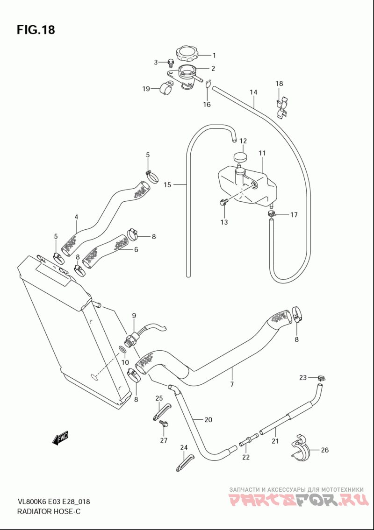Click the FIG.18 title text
click(x=36, y=30)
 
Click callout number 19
click(x=146, y=89)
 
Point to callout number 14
click(x=253, y=92)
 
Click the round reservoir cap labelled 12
click(x=240, y=157)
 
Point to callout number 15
click(x=167, y=184)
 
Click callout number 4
click(x=76, y=217)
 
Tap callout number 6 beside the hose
click(x=136, y=250)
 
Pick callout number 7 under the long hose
click(x=232, y=384)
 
